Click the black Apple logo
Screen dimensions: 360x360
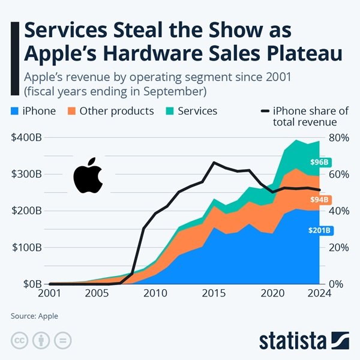click(x=88, y=176)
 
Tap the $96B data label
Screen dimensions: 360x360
click(x=319, y=162)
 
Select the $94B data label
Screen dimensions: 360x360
click(x=319, y=199)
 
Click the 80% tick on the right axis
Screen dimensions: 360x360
click(x=334, y=137)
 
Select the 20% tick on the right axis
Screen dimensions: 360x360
click(x=334, y=247)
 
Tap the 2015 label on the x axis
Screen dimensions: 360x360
click(x=214, y=294)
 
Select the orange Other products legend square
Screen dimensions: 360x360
click(x=71, y=111)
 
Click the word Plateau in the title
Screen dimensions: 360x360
click(x=301, y=53)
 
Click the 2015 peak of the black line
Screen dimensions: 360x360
click(x=214, y=163)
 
